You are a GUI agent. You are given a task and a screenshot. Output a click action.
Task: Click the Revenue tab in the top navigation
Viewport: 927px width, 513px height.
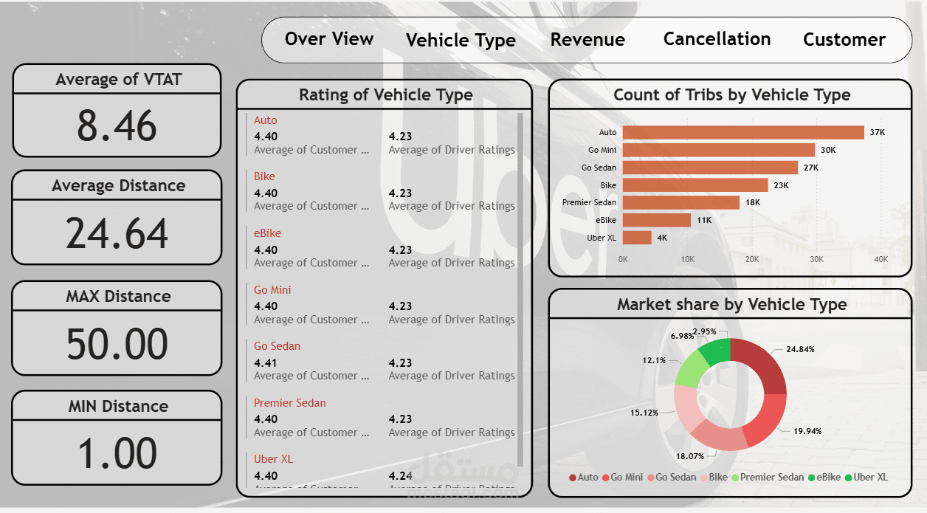(x=587, y=40)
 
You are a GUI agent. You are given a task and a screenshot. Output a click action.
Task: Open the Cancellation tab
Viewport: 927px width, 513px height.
(x=717, y=39)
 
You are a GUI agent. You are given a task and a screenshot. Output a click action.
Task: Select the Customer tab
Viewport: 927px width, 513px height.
(x=844, y=40)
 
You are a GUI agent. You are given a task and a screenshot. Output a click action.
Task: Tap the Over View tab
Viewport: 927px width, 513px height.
(x=329, y=39)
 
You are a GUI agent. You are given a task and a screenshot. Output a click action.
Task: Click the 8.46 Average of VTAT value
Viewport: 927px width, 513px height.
(x=117, y=125)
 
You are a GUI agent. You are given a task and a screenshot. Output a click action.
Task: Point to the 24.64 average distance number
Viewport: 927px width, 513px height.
(x=117, y=233)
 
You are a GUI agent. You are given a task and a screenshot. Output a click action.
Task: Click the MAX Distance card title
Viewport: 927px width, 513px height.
(x=118, y=297)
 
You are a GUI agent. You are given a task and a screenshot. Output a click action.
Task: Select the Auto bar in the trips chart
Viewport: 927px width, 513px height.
(x=742, y=132)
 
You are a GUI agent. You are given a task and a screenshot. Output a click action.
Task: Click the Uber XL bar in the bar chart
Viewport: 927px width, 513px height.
(x=637, y=238)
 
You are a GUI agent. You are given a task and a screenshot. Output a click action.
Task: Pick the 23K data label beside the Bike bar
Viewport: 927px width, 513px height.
(x=781, y=185)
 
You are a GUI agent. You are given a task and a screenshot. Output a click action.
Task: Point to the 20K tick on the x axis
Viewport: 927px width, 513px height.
(x=752, y=260)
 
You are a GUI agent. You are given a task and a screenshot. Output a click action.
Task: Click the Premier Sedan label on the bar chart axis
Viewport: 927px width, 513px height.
(x=589, y=202)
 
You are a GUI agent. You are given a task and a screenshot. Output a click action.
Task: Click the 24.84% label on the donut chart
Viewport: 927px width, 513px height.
(x=800, y=349)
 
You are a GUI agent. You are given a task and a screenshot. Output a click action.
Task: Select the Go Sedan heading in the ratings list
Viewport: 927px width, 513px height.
(x=277, y=346)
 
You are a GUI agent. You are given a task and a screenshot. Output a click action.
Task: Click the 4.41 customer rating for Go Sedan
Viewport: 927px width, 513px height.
(x=266, y=363)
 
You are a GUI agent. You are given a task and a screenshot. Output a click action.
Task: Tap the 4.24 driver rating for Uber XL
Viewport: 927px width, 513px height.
(x=401, y=476)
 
